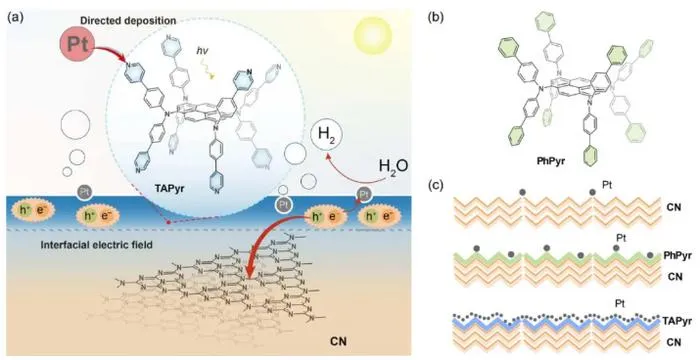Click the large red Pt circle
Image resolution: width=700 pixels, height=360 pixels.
76,44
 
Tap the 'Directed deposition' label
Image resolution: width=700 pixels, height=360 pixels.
128,21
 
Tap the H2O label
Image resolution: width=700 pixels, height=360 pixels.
393,167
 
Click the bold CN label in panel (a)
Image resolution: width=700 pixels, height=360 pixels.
338,342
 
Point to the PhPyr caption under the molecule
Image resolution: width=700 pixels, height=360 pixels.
551,162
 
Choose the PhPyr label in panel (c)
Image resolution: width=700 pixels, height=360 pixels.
677,256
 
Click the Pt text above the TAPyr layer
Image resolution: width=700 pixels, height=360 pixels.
621,304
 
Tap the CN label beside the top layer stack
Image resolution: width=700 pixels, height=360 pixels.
672,207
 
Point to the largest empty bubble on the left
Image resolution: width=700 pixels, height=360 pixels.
74,126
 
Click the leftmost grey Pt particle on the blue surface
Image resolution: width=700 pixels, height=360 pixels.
84,193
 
